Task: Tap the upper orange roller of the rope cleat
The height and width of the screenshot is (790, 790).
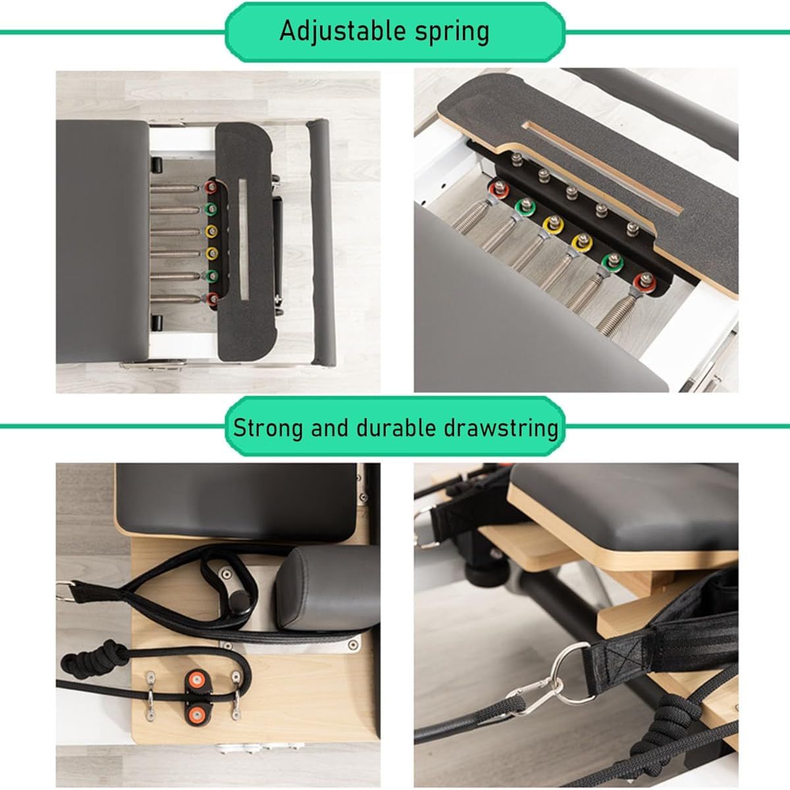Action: click(x=197, y=680)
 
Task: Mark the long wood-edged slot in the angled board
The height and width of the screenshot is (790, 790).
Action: click(x=602, y=167)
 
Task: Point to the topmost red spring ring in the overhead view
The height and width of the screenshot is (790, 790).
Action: click(x=211, y=188)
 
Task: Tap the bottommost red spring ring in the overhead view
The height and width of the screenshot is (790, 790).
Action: click(x=212, y=298)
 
